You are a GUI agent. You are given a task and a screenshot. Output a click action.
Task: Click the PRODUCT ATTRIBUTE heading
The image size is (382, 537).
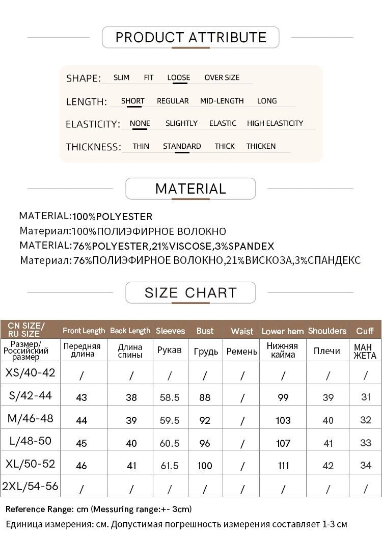(190, 37)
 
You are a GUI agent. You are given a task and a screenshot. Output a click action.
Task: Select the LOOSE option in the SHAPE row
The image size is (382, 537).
(178, 78)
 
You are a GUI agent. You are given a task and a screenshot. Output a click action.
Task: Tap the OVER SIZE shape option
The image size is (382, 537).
(222, 78)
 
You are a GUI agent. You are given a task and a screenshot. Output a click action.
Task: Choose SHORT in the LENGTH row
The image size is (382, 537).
(132, 101)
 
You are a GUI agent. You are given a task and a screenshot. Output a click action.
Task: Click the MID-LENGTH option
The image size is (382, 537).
(222, 101)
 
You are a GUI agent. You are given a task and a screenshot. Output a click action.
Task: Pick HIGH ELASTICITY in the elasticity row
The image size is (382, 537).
(275, 123)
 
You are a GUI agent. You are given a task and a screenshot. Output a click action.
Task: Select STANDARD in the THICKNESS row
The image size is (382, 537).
(182, 146)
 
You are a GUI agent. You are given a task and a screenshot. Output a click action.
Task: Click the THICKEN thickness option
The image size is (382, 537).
(261, 146)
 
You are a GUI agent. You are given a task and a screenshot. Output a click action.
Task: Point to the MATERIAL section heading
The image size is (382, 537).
(190, 189)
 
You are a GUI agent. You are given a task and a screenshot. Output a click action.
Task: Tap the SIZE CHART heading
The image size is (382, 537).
(190, 292)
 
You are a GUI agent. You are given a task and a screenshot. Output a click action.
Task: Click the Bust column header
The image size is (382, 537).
(205, 331)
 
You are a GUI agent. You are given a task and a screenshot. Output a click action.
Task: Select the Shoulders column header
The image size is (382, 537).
(327, 331)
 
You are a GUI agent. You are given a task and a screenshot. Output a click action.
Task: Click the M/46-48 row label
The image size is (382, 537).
(31, 418)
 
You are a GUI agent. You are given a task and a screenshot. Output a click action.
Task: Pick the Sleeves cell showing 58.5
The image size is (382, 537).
(170, 397)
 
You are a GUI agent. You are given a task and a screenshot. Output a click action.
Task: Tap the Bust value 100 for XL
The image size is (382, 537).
(205, 466)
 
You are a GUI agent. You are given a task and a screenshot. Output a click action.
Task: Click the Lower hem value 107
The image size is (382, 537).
(283, 443)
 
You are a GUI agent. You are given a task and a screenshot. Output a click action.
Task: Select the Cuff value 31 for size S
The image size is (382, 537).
(365, 397)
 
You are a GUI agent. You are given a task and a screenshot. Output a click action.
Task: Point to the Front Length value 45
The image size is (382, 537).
(81, 443)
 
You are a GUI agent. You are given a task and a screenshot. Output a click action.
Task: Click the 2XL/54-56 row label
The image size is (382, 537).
(31, 486)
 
